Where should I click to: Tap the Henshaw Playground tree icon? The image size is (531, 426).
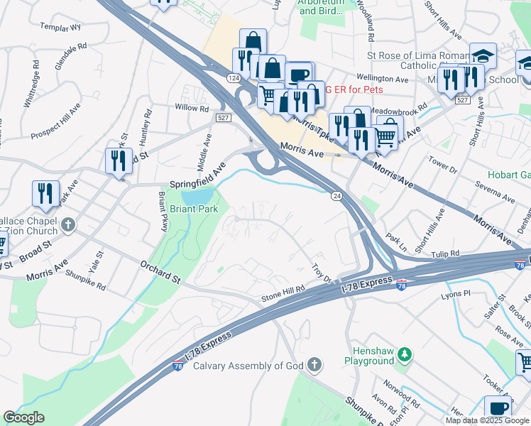point(404,353)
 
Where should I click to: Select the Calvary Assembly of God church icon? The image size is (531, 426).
point(314,366)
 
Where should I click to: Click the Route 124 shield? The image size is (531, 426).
point(234,77)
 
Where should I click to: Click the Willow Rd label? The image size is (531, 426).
point(192,109)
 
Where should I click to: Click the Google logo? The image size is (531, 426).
point(23,417)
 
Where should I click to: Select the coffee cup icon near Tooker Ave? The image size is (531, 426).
point(498,408)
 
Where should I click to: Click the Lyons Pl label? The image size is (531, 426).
point(456,293)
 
